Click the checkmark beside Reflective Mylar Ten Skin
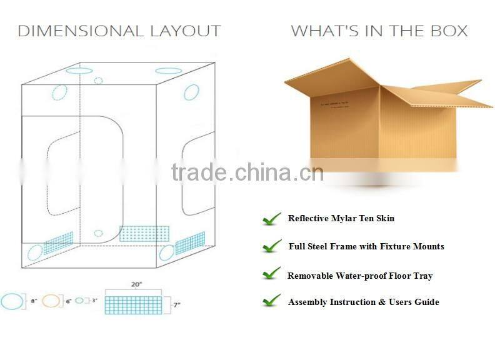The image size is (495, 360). point(272,219)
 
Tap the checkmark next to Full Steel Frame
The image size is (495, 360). point(272,247)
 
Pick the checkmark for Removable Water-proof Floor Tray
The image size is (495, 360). point(272,274)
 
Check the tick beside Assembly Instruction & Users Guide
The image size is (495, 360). point(272,302)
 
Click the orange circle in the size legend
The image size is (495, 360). point(52,301)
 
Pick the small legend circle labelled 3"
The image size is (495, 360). point(79,301)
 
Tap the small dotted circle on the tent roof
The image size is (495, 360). point(98,81)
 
